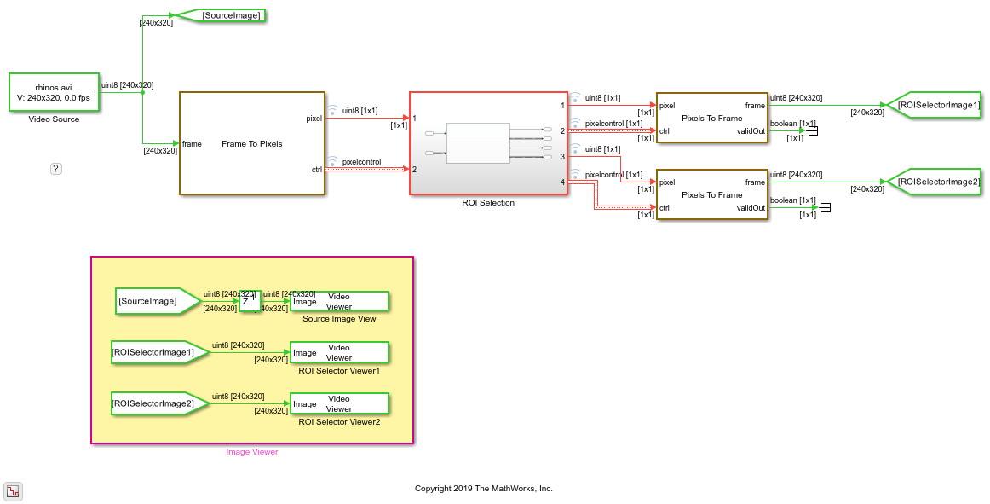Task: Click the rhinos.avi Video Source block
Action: tap(53, 93)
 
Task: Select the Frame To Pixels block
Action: tap(251, 143)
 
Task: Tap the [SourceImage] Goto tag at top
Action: tap(220, 15)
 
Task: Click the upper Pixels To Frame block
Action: tap(711, 118)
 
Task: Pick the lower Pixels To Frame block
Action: tap(711, 194)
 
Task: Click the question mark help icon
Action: tap(56, 169)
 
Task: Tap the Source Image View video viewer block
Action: tap(339, 302)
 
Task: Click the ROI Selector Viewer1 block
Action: tap(339, 352)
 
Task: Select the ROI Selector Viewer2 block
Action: tap(339, 403)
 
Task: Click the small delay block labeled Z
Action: tap(250, 301)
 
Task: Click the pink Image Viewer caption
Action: tap(251, 452)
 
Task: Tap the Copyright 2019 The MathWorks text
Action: tap(483, 489)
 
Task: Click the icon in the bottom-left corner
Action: tap(14, 490)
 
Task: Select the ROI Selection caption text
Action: tap(488, 203)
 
